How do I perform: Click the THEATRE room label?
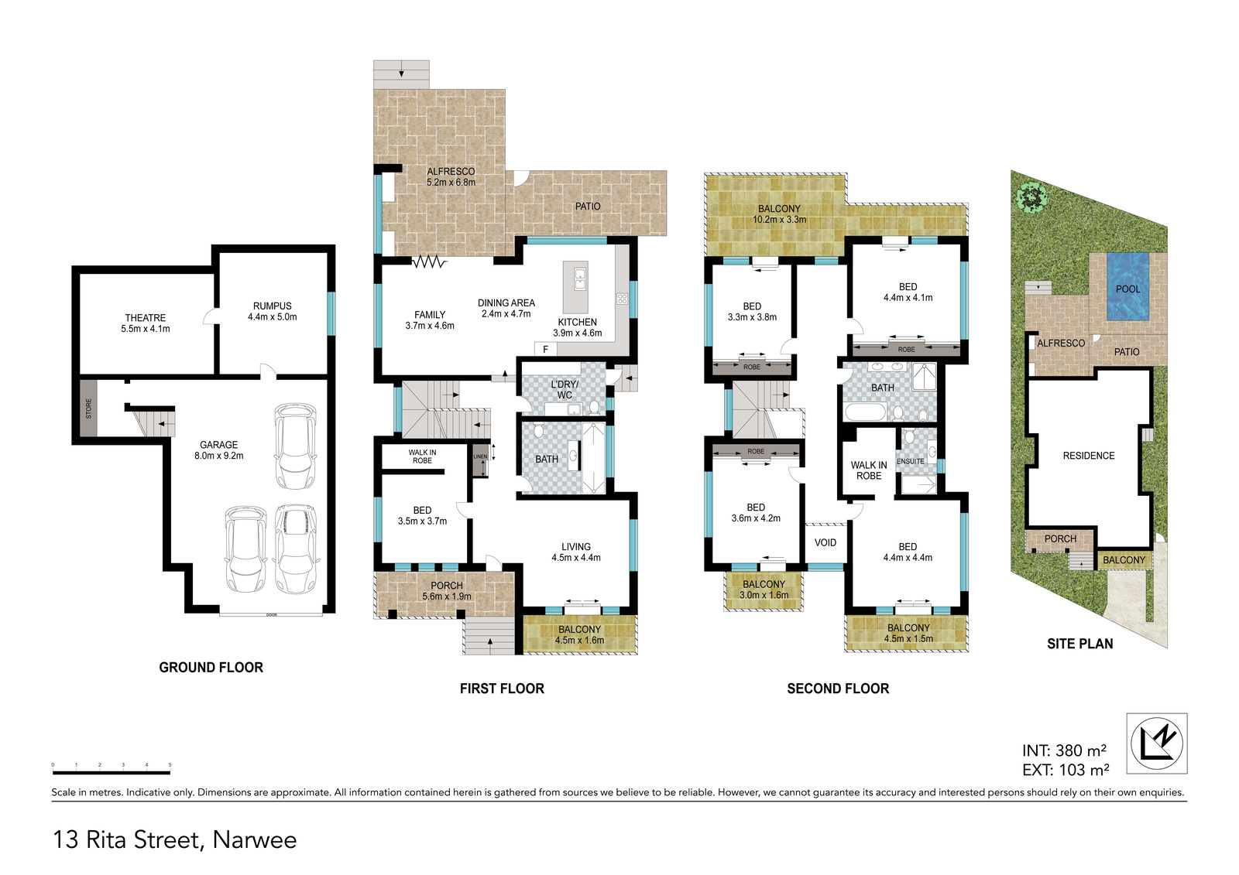point(145,318)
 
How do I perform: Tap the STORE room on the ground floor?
point(88,408)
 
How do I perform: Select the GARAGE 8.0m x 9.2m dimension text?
point(219,456)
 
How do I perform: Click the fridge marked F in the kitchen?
point(545,350)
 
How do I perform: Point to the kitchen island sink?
point(580,279)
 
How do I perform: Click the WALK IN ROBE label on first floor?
point(422,456)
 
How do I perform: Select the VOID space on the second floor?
point(825,544)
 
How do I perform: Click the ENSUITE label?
point(911,461)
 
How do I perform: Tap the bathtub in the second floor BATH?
point(865,412)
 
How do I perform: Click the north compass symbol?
point(1157,743)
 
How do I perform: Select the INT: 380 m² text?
point(1064,750)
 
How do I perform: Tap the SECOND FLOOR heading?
point(838,689)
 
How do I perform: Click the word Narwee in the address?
point(255,839)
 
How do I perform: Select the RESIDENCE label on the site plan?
point(1089,456)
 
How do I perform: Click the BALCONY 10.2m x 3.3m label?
point(779,214)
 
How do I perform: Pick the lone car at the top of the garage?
point(295,446)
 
